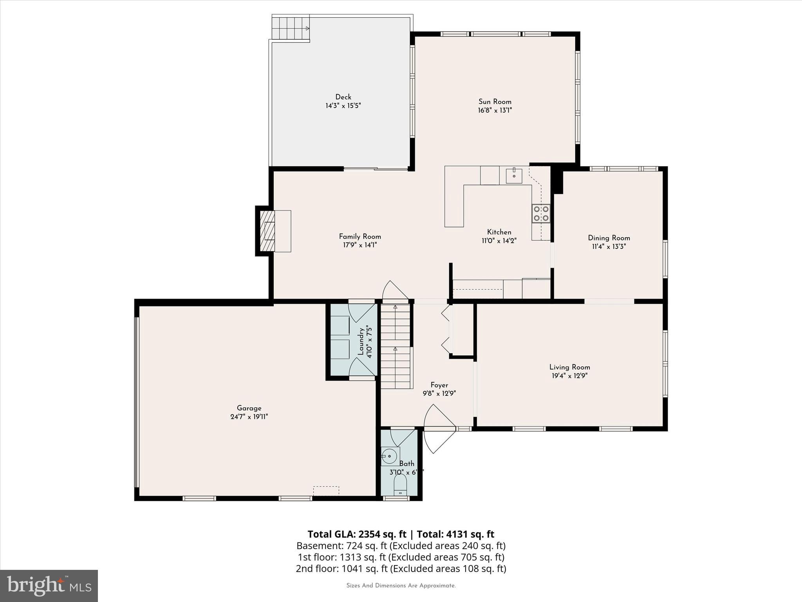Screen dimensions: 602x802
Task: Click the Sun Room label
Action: pos(495,102)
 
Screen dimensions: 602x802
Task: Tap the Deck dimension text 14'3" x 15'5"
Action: pos(343,106)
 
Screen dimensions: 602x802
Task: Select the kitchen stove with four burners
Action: pos(541,214)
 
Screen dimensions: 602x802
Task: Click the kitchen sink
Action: pos(514,176)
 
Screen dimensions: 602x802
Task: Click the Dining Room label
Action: pos(609,238)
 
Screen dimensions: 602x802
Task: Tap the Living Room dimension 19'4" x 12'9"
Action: pos(569,375)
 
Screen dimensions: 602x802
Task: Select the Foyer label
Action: pos(439,385)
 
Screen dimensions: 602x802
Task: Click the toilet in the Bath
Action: pos(400,486)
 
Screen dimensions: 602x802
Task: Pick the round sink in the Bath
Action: pos(389,456)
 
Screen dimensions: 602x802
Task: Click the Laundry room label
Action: pos(361,342)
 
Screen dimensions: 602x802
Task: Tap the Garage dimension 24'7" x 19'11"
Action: pos(249,417)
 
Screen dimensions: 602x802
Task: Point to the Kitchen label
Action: pos(499,232)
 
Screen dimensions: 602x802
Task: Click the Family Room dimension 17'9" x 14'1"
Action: pos(360,245)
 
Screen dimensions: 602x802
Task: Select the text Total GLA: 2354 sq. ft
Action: pos(357,534)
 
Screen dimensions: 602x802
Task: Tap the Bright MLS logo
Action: pos(49,586)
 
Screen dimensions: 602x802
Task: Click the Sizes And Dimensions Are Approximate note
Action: pos(401,586)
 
